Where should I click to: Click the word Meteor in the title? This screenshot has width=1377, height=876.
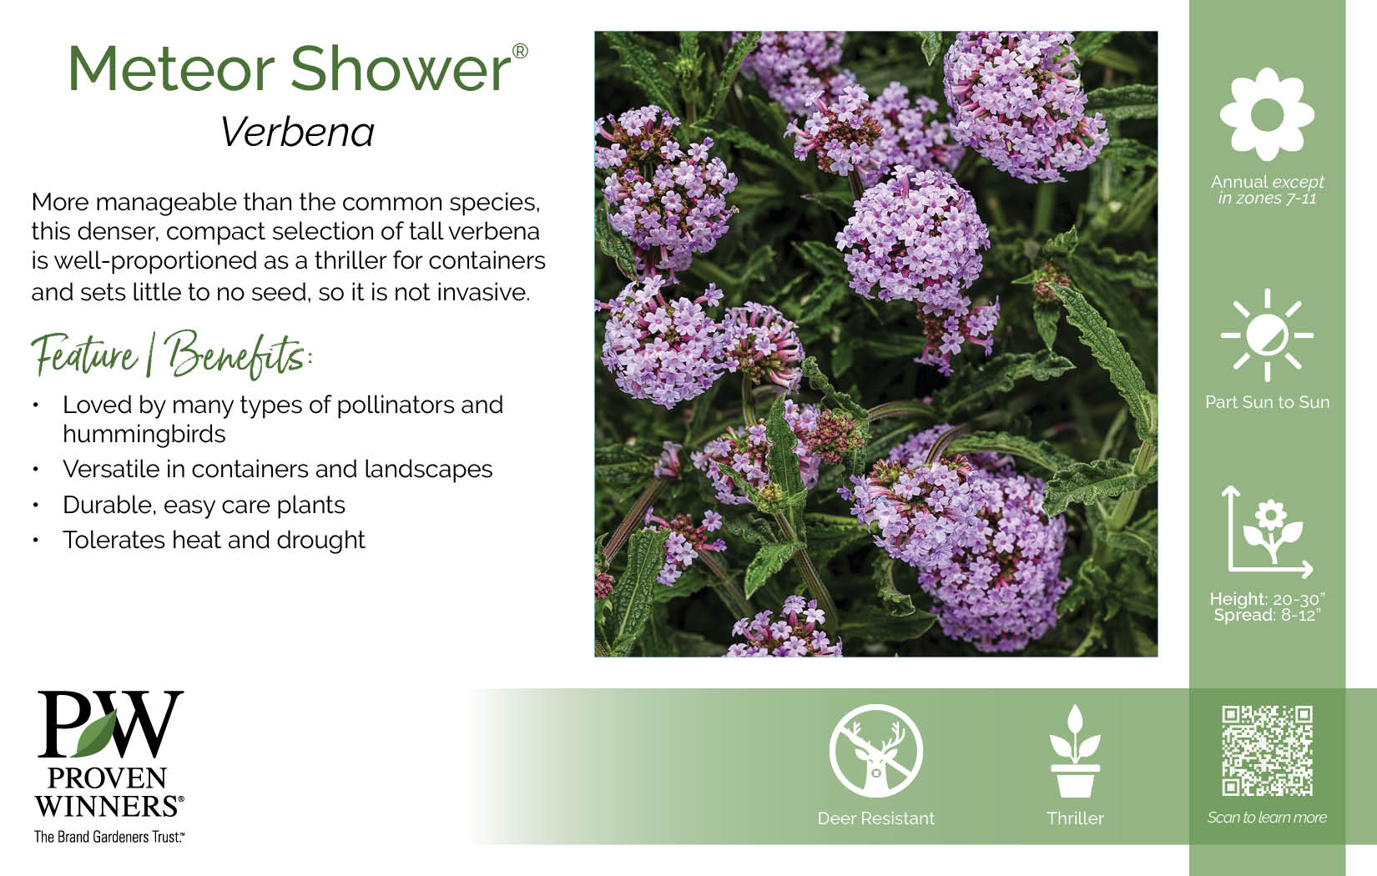[171, 69]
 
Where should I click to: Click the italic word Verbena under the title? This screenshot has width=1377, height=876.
[298, 132]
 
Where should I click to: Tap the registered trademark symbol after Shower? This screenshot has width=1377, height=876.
[520, 51]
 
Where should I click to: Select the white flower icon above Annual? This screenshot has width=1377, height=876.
[1267, 114]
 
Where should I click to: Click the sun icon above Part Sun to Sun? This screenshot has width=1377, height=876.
[1267, 335]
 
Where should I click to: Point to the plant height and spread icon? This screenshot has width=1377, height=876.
[1267, 531]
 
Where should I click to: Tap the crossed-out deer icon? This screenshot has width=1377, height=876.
[876, 751]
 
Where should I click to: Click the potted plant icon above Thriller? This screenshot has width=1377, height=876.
[1075, 751]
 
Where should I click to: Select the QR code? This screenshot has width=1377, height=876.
[1267, 751]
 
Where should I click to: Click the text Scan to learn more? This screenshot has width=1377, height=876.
[1267, 818]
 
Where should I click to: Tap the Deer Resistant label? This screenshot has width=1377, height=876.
[876, 818]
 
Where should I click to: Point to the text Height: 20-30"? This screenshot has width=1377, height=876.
[1267, 599]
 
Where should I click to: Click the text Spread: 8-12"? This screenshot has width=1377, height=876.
[1267, 616]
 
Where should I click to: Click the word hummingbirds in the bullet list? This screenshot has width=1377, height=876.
[144, 434]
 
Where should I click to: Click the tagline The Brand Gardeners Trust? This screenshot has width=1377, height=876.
[109, 837]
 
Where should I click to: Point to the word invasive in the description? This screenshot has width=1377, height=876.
[483, 293]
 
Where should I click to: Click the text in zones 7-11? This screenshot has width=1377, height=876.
[1267, 199]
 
